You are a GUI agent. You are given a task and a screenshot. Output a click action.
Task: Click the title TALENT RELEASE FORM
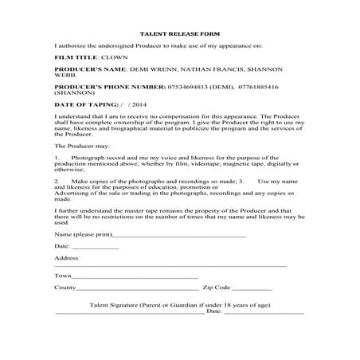tap(180, 35)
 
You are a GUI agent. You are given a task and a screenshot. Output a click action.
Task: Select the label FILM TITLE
tap(73, 58)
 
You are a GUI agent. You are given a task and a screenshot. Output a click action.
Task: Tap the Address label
tap(66, 258)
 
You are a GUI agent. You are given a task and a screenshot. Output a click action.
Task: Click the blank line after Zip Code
tap(252, 286)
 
